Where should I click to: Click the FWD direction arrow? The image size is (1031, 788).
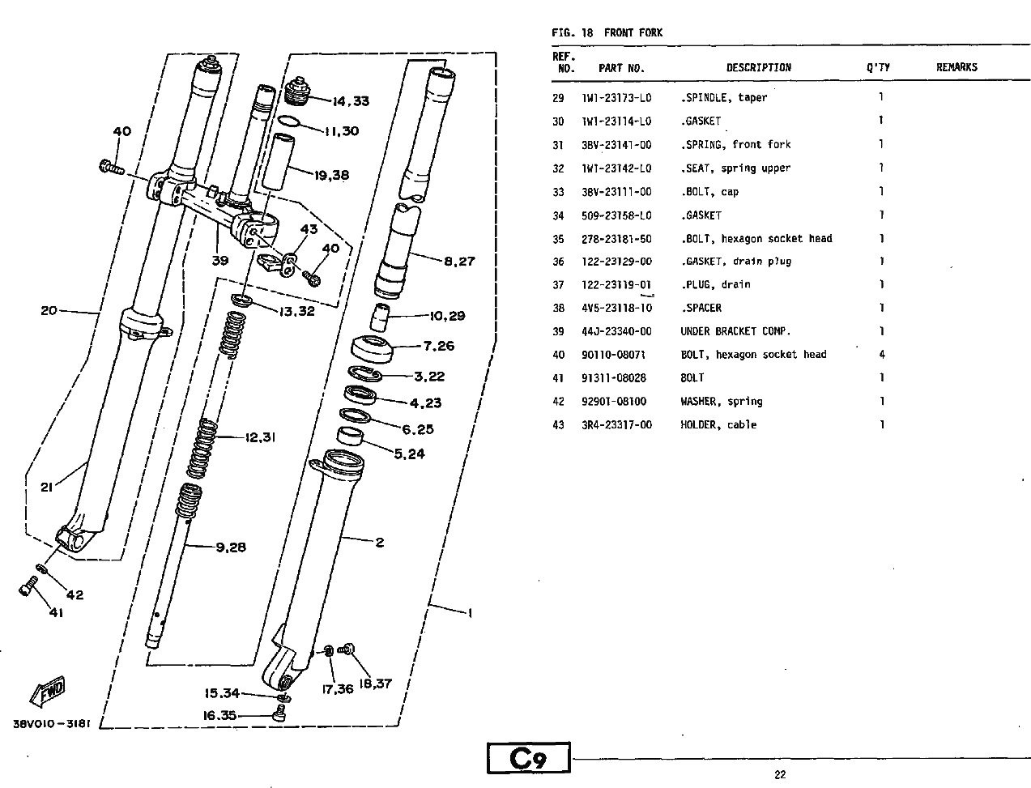point(48,691)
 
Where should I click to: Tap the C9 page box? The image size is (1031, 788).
point(528,757)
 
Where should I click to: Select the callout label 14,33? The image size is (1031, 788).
point(351,101)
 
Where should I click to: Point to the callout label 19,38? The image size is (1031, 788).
point(331,176)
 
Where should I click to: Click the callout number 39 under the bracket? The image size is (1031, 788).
point(219,261)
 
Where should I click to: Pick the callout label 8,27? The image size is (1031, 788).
point(459,262)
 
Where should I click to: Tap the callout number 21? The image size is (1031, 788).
point(46,488)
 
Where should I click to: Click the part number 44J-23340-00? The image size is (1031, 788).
point(616,331)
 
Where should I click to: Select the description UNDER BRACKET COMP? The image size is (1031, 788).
point(735,331)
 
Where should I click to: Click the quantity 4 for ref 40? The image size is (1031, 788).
point(882,355)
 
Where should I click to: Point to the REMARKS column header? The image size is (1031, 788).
point(956,67)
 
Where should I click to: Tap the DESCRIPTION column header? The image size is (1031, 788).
point(759,67)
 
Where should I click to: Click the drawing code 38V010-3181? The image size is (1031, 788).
point(52,724)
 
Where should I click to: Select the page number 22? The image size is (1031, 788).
point(780,774)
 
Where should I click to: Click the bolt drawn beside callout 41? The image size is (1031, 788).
point(28,586)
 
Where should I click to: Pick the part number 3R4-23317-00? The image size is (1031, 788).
point(616,425)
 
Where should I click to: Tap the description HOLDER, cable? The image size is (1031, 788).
point(718,425)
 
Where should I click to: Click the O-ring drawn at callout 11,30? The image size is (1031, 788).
point(288,121)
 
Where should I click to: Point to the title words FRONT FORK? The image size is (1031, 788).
point(633,33)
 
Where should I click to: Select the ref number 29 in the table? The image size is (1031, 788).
point(558,98)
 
